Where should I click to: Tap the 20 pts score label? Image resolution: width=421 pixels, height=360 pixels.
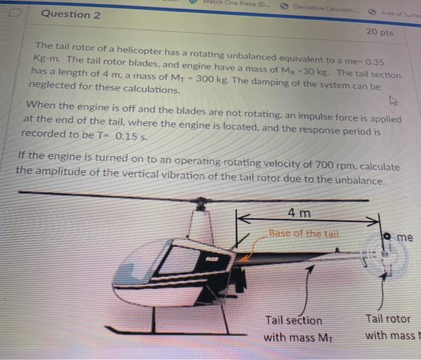click(379, 32)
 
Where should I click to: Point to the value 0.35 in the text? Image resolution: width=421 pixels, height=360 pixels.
click(372, 61)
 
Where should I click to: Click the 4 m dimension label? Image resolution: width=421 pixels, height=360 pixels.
click(300, 213)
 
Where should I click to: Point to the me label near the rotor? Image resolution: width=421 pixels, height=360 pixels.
click(405, 237)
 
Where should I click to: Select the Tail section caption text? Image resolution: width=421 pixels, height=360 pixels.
click(293, 321)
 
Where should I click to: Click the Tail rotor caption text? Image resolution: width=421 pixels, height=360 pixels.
click(387, 319)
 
